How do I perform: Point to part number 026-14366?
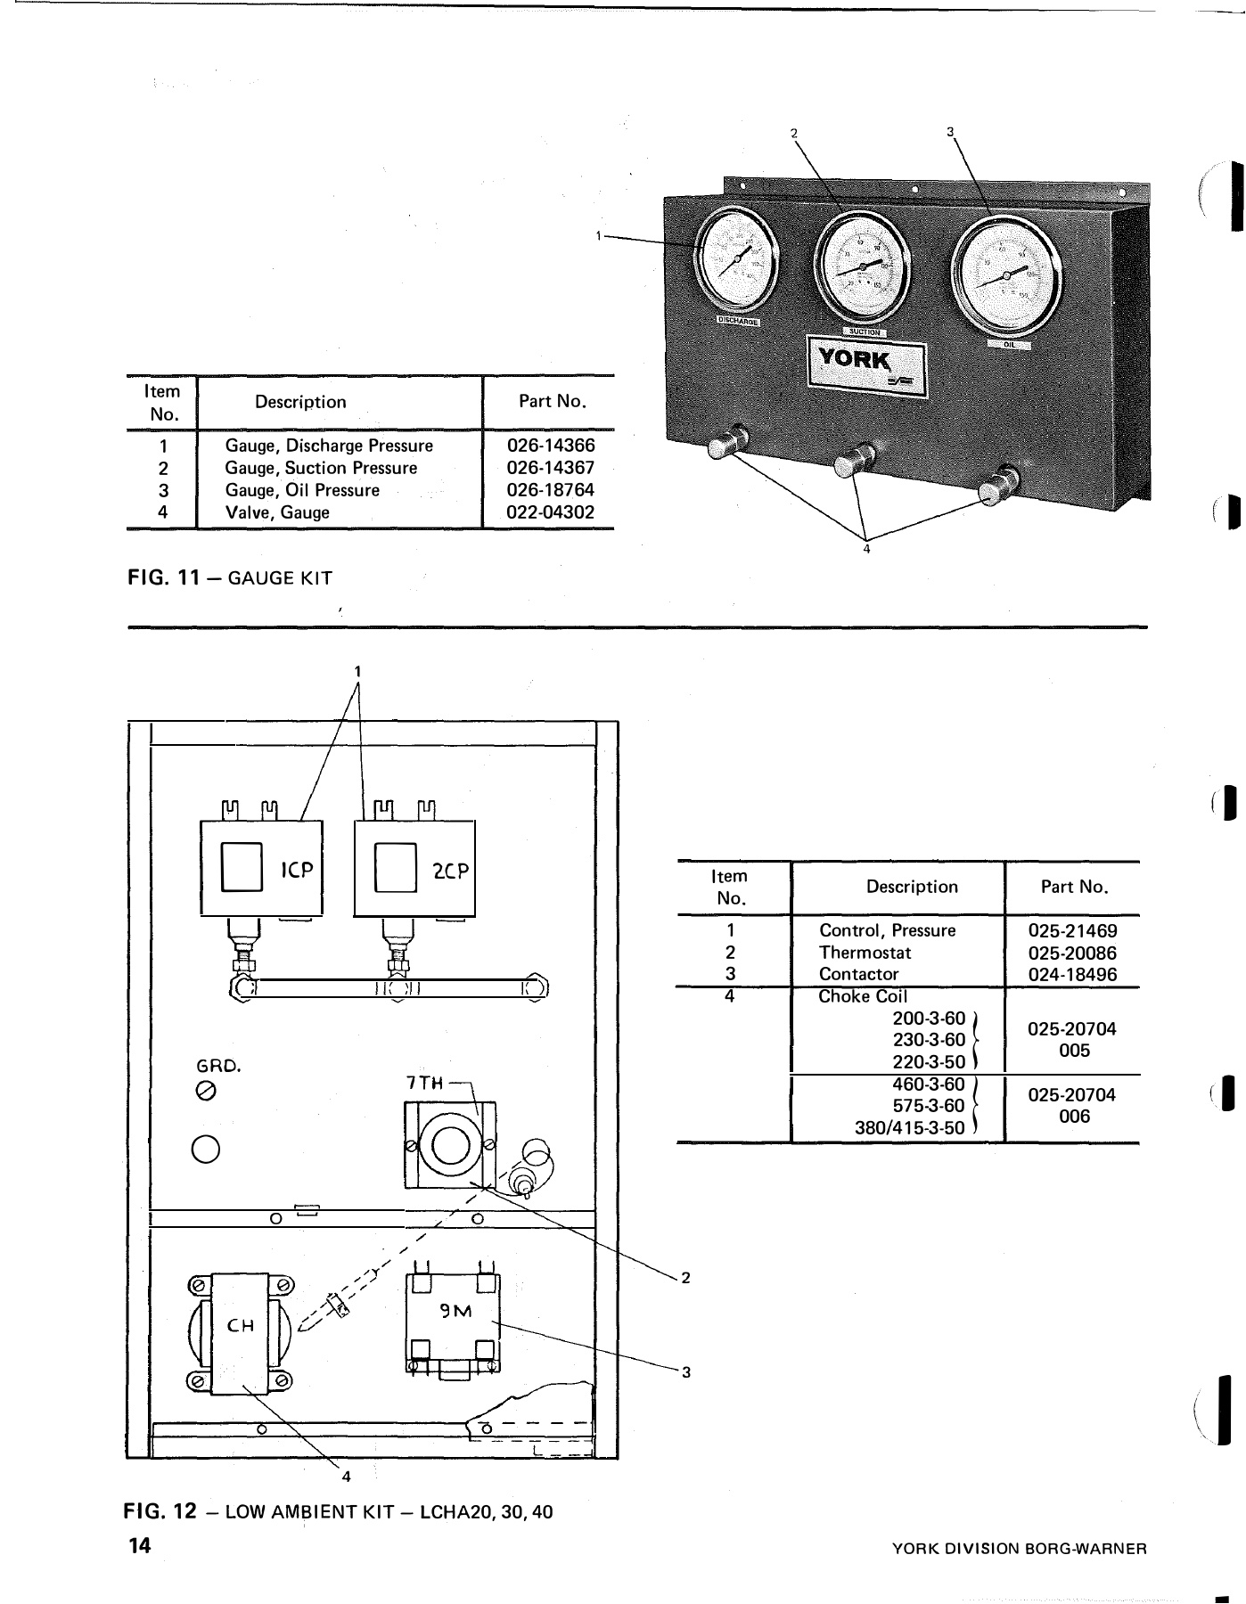click(550, 446)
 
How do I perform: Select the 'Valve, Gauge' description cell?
click(277, 512)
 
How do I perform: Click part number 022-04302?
click(550, 512)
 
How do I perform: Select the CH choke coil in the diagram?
click(241, 1325)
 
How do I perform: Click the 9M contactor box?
click(453, 1321)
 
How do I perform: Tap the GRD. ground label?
click(218, 1065)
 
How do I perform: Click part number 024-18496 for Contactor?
click(1072, 974)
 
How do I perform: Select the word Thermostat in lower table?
click(865, 953)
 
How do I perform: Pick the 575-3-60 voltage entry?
click(928, 1106)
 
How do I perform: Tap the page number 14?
click(139, 1545)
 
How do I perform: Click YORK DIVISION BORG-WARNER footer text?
click(1019, 1549)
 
